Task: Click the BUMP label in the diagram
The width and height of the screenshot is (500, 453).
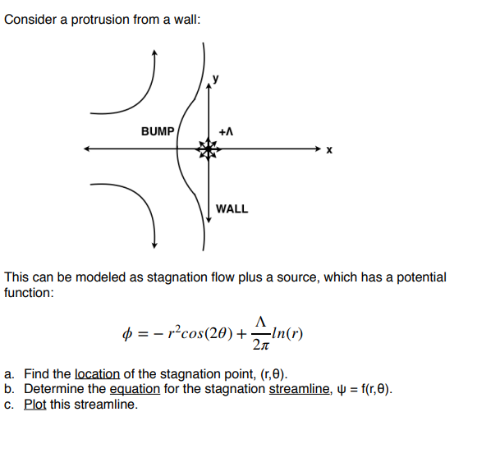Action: point(158,131)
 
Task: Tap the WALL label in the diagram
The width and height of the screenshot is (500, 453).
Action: point(232,208)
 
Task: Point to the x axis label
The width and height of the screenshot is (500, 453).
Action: point(329,150)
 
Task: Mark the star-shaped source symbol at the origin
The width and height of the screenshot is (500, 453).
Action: point(209,149)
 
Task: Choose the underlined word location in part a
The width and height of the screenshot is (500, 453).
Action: point(99,373)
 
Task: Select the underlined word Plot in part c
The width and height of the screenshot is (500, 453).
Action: point(35,405)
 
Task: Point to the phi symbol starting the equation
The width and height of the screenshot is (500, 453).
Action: point(126,333)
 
